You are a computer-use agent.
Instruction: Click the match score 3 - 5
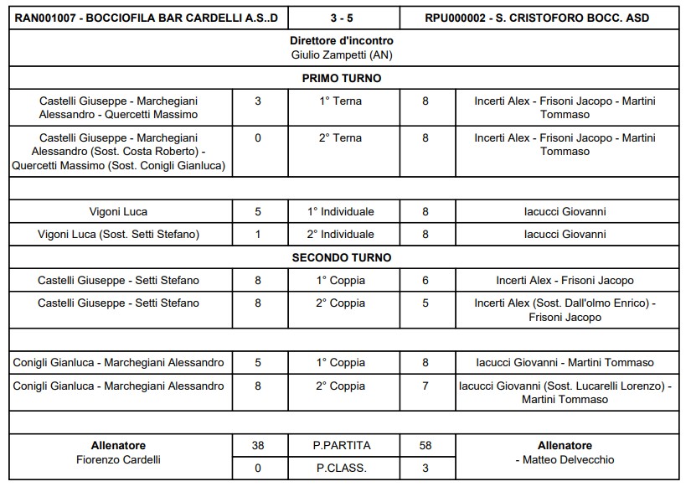click(x=342, y=18)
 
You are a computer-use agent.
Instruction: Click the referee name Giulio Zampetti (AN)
click(x=342, y=55)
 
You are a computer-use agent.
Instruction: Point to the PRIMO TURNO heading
click(x=342, y=79)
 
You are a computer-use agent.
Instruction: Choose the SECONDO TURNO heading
click(x=342, y=258)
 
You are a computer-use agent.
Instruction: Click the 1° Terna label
click(x=342, y=101)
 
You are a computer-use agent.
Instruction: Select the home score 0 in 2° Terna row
click(x=258, y=138)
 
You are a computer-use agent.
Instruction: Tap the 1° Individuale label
click(x=342, y=212)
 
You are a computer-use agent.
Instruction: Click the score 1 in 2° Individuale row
click(x=258, y=235)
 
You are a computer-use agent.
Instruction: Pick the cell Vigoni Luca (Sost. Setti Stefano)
click(x=119, y=235)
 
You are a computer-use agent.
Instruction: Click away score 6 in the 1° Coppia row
click(x=425, y=281)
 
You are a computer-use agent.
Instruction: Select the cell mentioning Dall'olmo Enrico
click(x=565, y=310)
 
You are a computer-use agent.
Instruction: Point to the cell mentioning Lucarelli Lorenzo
click(x=565, y=392)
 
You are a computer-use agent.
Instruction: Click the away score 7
click(x=425, y=386)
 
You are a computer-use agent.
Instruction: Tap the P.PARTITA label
click(x=342, y=446)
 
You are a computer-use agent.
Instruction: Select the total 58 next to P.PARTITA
click(x=425, y=446)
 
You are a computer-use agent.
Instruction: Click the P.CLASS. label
click(x=342, y=469)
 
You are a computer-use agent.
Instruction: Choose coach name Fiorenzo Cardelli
click(x=118, y=460)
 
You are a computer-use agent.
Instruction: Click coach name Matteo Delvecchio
click(x=567, y=460)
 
